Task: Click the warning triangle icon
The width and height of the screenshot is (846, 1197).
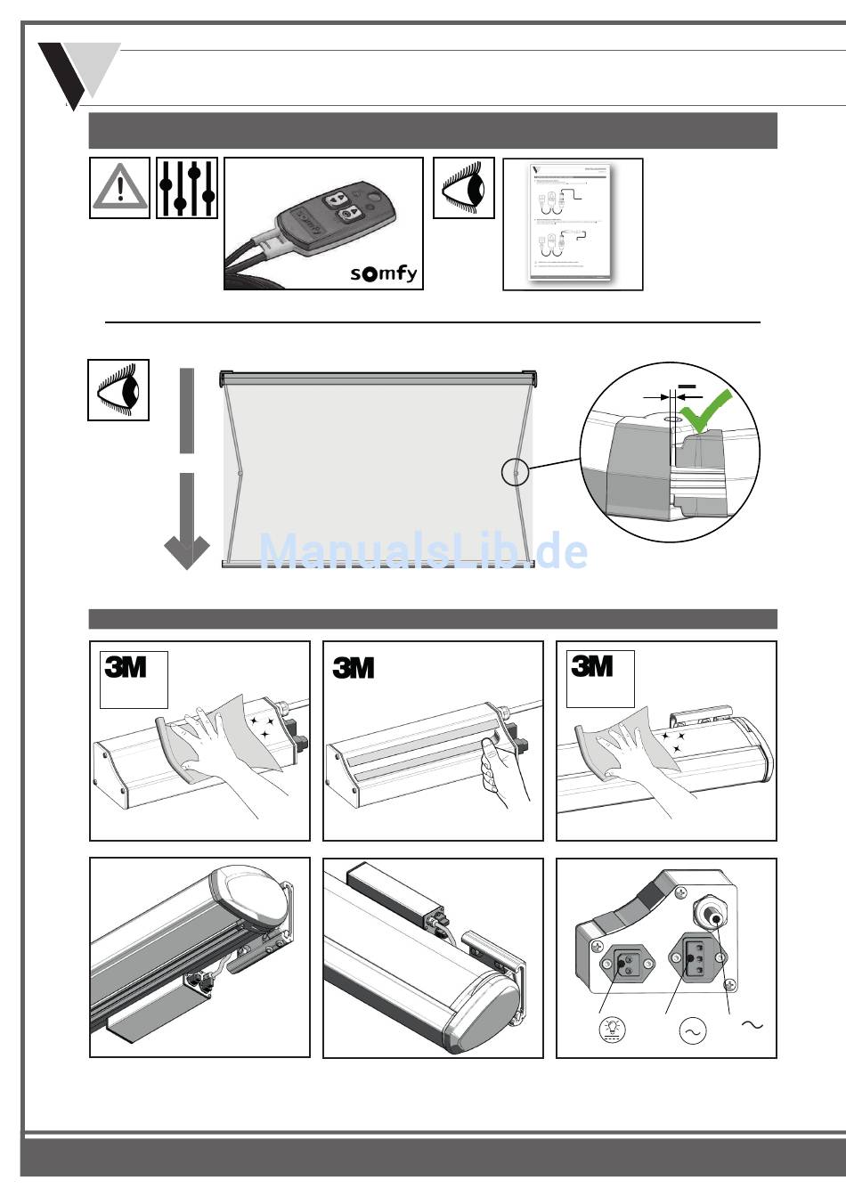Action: pos(119,188)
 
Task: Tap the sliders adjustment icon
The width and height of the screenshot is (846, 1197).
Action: pos(187,188)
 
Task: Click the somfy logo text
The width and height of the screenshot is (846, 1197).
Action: pos(383,273)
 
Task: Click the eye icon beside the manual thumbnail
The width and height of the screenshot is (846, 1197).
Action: pos(464,188)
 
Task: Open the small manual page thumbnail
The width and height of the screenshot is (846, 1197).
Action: pos(573,224)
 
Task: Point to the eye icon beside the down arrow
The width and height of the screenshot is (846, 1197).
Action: pos(118,390)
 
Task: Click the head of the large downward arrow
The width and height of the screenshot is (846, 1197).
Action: pos(187,551)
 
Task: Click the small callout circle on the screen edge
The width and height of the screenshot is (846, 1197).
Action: pos(516,472)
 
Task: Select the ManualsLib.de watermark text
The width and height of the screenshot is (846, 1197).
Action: pos(423,551)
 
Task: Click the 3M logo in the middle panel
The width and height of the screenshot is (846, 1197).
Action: pos(354,668)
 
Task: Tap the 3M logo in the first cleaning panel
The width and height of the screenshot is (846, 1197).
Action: pos(126,666)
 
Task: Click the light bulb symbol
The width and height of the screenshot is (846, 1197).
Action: pos(613,1030)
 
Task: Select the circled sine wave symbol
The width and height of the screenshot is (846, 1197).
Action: pos(692,1031)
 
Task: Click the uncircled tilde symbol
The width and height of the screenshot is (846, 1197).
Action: pos(752,1025)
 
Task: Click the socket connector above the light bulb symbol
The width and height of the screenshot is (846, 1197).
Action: pos(625,965)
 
